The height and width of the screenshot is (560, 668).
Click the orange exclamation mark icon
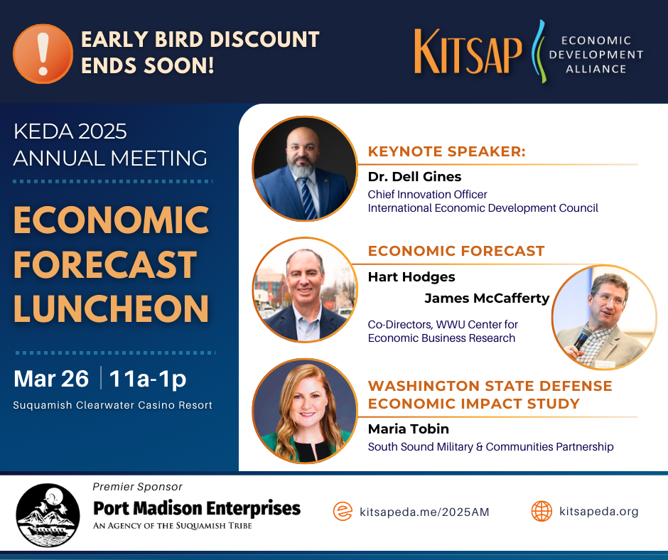pyautogui.click(x=43, y=54)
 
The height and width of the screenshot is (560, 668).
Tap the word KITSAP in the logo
pyautogui.click(x=468, y=52)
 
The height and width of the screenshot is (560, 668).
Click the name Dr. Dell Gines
pyautogui.click(x=414, y=176)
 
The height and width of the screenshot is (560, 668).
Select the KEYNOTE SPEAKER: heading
pyautogui.click(x=447, y=151)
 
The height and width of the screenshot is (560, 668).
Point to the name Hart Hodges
pyautogui.click(x=411, y=277)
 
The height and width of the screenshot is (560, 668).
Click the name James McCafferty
pyautogui.click(x=487, y=298)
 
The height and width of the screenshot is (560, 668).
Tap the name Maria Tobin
pyautogui.click(x=409, y=429)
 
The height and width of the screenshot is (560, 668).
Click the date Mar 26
pyautogui.click(x=51, y=379)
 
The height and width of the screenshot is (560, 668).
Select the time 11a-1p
pyautogui.click(x=148, y=379)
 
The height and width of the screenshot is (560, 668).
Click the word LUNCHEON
pyautogui.click(x=111, y=308)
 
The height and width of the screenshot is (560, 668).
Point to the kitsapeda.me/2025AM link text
pyautogui.click(x=424, y=512)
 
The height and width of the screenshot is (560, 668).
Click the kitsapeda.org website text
pyautogui.click(x=599, y=512)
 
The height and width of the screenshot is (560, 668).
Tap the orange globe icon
pyautogui.click(x=542, y=511)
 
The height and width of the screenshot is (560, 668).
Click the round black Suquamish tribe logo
pyautogui.click(x=48, y=515)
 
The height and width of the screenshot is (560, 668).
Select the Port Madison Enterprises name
pyautogui.click(x=197, y=508)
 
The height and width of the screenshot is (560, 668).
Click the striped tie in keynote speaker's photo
pyautogui.click(x=308, y=198)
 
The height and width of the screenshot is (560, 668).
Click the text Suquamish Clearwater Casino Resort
pyautogui.click(x=112, y=405)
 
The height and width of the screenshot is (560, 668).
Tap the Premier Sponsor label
pyautogui.click(x=137, y=487)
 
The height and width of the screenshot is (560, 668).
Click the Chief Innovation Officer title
pyautogui.click(x=427, y=194)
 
